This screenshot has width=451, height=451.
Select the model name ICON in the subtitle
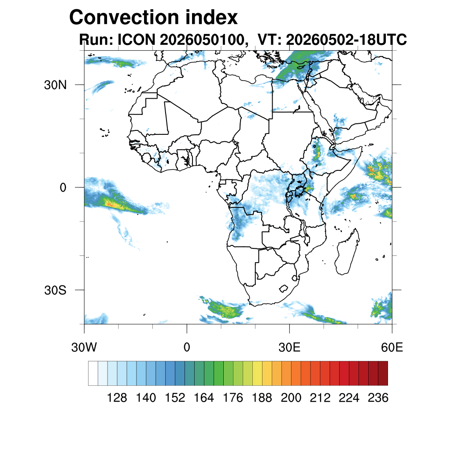[137, 39]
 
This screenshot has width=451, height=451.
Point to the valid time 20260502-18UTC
[346, 39]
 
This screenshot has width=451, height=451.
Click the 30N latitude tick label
[55, 85]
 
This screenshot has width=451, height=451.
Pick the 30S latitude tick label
[55, 291]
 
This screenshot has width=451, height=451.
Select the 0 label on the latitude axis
[63, 188]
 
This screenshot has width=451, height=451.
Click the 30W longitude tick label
[84, 347]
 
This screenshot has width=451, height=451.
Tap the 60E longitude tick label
[392, 347]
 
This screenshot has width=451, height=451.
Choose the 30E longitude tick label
[289, 347]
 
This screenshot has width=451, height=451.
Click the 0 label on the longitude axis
[187, 347]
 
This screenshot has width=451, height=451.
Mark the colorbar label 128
[117, 398]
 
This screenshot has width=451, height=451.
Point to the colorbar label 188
[262, 398]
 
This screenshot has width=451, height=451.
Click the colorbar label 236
[378, 398]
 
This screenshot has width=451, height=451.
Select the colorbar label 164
[203, 398]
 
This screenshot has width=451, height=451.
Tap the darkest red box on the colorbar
[383, 373]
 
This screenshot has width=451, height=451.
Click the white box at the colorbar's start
[93, 373]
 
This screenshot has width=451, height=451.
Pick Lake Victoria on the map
[299, 190]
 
